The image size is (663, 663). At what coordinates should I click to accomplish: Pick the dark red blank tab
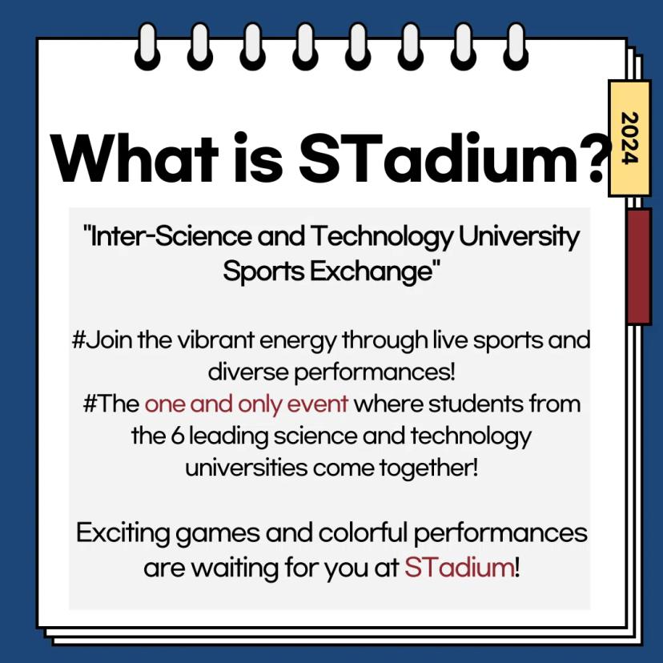638,266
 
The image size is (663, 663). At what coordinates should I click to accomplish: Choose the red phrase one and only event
247,403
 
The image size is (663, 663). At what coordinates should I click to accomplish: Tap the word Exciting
126,533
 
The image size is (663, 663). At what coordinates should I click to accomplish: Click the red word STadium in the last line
458,568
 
